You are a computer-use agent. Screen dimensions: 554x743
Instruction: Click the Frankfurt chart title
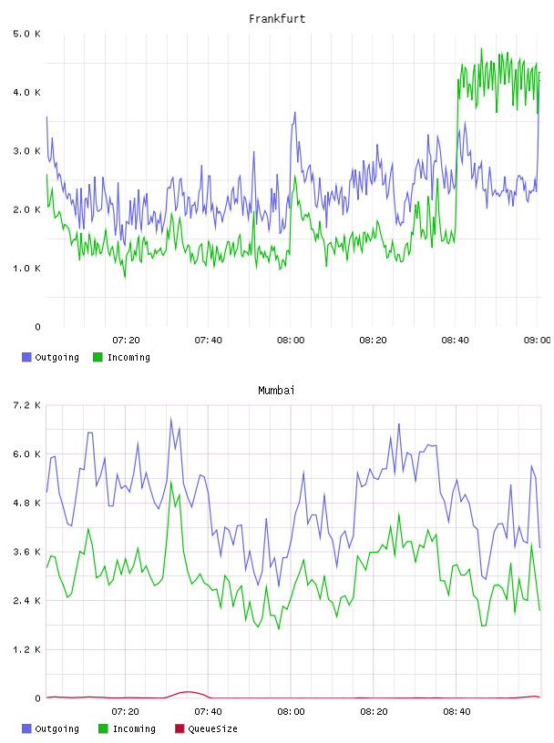(277, 19)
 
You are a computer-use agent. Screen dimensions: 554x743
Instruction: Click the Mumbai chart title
(276, 391)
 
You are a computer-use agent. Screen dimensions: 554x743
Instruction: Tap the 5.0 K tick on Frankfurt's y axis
(26, 34)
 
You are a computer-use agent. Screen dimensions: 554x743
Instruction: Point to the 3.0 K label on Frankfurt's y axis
(26, 151)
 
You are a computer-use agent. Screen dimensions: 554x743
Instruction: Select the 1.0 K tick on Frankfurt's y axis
(26, 269)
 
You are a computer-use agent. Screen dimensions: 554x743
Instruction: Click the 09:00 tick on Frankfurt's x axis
(538, 341)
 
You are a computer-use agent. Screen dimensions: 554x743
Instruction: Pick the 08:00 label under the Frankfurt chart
(291, 341)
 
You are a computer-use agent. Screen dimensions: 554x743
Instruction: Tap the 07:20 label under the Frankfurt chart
(126, 341)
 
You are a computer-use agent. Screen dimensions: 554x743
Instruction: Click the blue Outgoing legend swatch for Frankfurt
(26, 357)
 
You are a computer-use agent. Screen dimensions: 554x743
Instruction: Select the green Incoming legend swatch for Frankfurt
(97, 357)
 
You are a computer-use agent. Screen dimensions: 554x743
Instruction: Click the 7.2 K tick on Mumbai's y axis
(26, 405)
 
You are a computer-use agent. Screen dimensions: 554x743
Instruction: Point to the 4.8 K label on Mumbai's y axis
(26, 504)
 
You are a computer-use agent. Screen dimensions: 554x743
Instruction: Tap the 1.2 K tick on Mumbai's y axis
(26, 649)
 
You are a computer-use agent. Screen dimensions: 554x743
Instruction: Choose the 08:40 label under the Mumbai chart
(457, 712)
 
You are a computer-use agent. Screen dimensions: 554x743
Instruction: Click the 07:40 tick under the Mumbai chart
(209, 712)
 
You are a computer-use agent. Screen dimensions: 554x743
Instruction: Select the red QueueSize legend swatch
(180, 728)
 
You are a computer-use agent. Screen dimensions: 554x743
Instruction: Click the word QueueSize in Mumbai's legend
(212, 728)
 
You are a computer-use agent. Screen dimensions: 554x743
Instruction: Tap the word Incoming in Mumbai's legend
(134, 728)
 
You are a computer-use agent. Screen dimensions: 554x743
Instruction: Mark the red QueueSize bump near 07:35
(188, 692)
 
